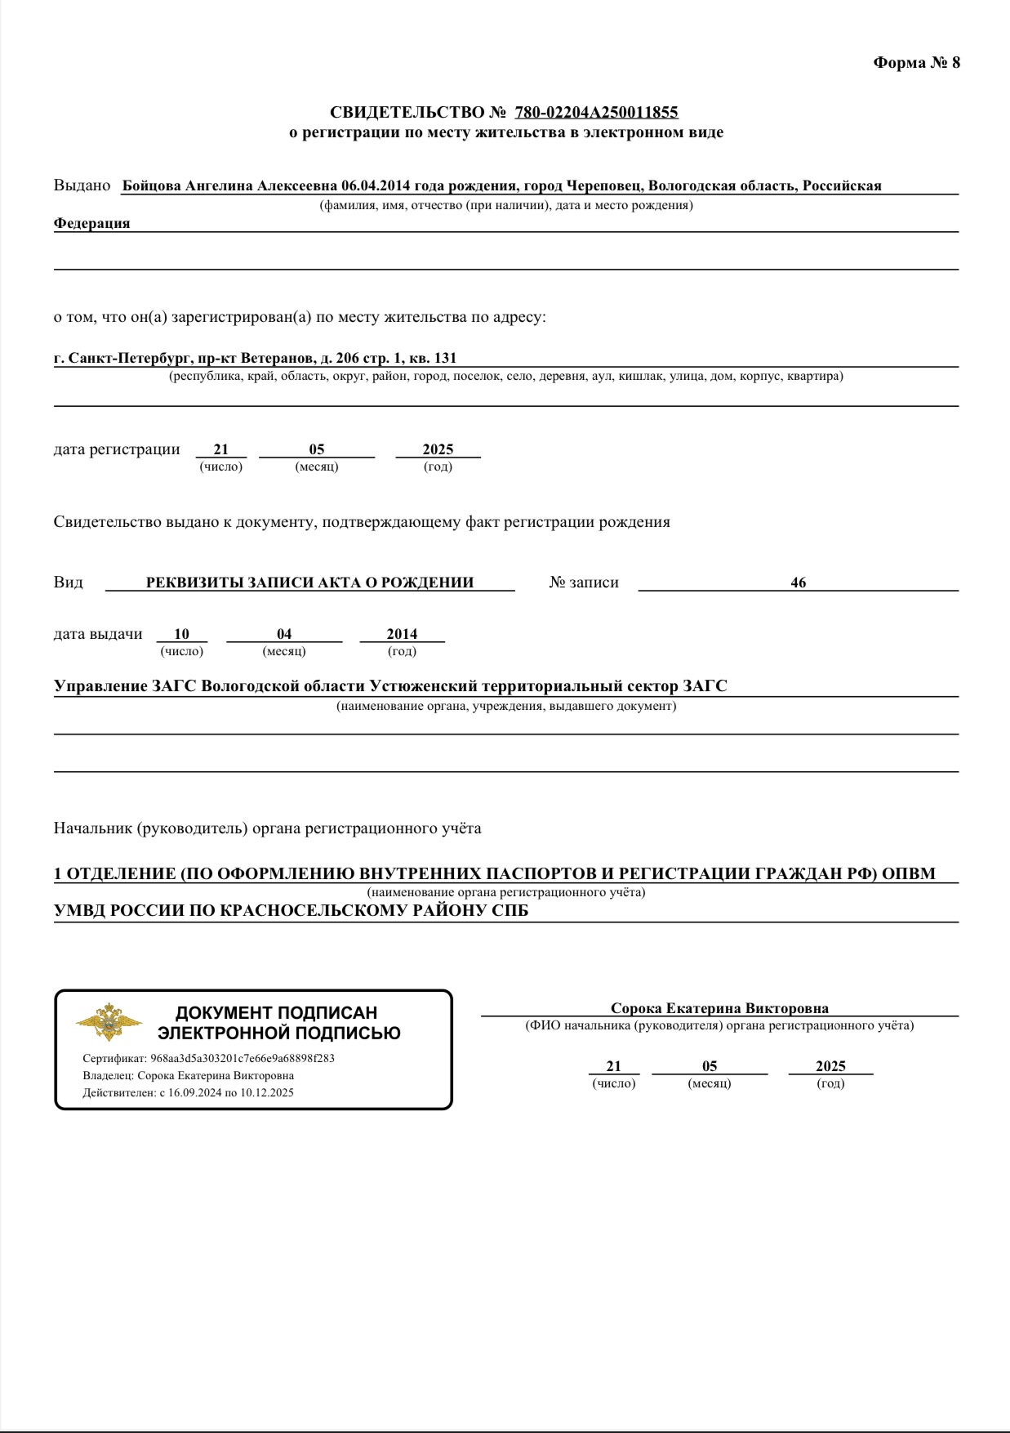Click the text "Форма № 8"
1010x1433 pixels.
[x=916, y=63]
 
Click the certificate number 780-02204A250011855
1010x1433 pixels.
[x=596, y=112]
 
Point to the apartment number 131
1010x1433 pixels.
[x=445, y=358]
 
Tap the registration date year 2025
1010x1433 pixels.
[x=438, y=449]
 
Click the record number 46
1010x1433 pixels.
[x=798, y=583]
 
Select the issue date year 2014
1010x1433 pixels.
[x=402, y=634]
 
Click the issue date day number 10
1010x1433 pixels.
[x=181, y=634]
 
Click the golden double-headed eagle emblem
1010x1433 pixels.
[x=109, y=1021]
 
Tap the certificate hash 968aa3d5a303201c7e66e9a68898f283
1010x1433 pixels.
[x=242, y=1059]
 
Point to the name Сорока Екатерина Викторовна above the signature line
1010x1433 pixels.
[x=719, y=1009]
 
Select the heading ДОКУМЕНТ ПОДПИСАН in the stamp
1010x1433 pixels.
[x=277, y=1013]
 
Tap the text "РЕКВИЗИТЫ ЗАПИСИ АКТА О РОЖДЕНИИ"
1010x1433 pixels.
[x=309, y=583]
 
